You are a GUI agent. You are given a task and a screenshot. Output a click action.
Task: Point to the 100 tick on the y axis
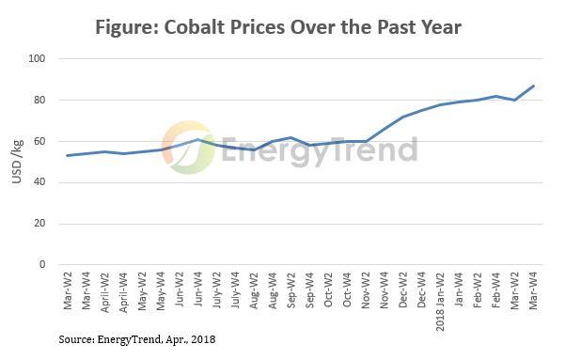pos(37,59)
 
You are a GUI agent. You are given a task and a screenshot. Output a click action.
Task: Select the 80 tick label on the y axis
pos(39,101)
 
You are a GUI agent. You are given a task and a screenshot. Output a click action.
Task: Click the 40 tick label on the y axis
pos(39,182)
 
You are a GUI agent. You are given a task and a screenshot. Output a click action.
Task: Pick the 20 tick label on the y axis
pos(39,224)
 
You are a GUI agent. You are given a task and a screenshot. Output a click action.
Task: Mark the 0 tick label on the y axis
pos(42,265)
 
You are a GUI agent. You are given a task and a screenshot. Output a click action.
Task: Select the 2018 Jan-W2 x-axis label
pos(440,301)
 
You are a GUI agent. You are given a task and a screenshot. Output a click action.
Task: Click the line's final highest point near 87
pos(534,86)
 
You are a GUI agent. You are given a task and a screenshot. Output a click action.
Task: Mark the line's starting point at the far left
pos(67,155)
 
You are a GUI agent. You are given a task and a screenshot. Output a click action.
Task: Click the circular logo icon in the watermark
pos(188,148)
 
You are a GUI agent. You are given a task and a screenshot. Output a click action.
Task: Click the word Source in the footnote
pos(74,337)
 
